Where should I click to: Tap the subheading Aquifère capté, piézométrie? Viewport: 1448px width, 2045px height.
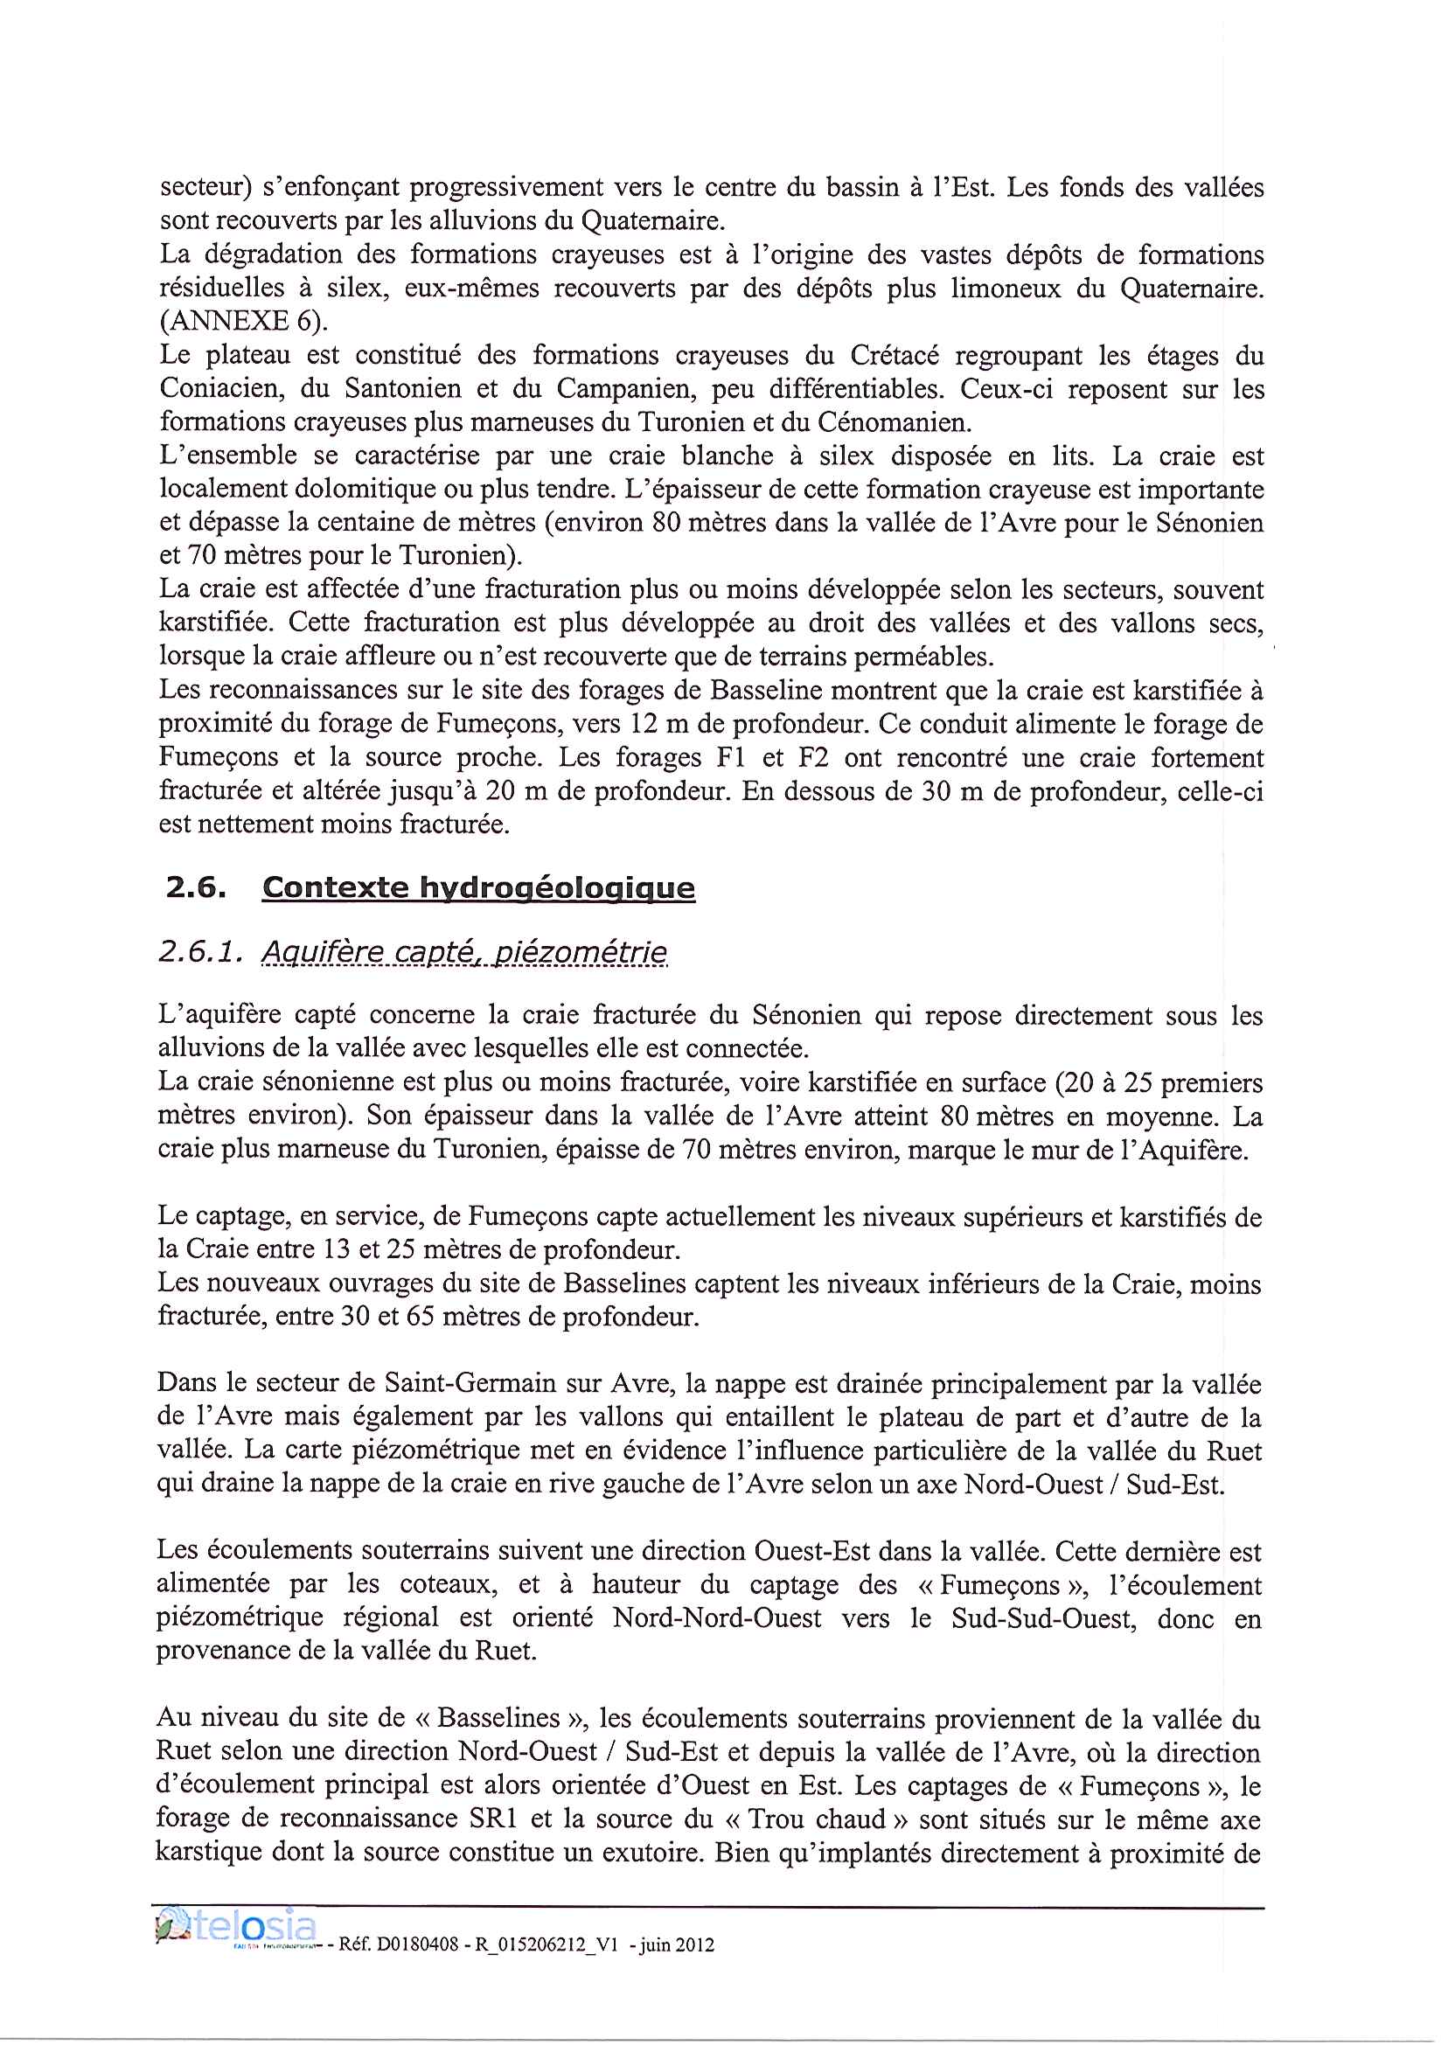(463, 953)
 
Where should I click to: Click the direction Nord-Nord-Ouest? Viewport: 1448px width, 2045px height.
(717, 1617)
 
